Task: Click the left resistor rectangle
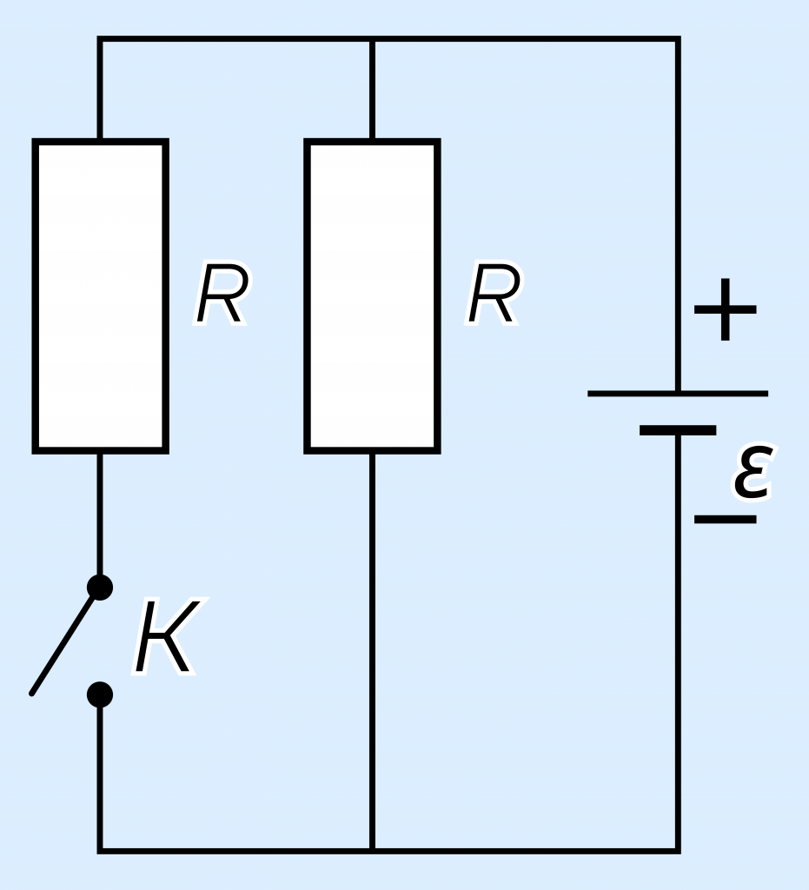(x=101, y=296)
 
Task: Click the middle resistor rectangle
(x=372, y=296)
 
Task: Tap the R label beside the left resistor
(x=222, y=294)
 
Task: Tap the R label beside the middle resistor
(x=493, y=294)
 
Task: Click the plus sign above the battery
(x=725, y=309)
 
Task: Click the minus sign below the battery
(x=725, y=519)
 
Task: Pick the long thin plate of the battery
(x=678, y=394)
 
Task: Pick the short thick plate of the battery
(x=678, y=430)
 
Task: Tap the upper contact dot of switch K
(x=100, y=587)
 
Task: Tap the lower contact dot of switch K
(x=100, y=694)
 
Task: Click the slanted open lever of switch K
(x=63, y=646)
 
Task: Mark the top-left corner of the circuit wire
(x=100, y=38)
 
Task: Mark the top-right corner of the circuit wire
(x=678, y=38)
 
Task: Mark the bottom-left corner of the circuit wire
(x=100, y=851)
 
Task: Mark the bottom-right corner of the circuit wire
(x=678, y=851)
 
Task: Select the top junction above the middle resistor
(x=372, y=38)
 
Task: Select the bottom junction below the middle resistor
(x=372, y=851)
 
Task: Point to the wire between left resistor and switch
(x=100, y=514)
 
